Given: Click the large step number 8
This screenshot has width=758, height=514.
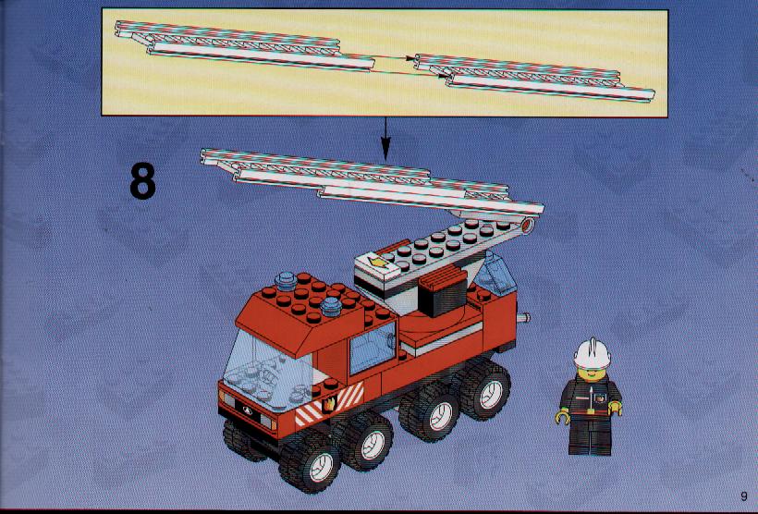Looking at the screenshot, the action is tap(142, 181).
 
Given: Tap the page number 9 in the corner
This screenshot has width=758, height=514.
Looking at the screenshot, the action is tap(743, 496).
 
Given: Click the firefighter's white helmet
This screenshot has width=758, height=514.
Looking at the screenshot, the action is tap(593, 353).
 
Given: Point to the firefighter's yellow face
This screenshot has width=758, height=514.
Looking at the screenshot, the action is tap(591, 374).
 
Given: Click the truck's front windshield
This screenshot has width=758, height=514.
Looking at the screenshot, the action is tap(266, 373).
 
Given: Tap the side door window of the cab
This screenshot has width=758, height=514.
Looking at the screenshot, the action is tap(373, 349).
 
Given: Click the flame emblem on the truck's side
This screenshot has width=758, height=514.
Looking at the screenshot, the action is tap(330, 403).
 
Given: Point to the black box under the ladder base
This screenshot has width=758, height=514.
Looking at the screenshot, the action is tap(443, 291).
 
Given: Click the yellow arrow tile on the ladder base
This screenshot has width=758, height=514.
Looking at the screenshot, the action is tap(380, 263).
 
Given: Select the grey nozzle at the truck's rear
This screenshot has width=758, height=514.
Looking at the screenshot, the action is tap(523, 318).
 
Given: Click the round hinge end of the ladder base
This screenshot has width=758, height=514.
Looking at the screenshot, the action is tap(528, 226).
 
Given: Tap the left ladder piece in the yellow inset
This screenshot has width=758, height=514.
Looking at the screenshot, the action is tap(244, 45).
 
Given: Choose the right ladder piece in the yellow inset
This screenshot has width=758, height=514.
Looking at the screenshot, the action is tap(534, 78).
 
